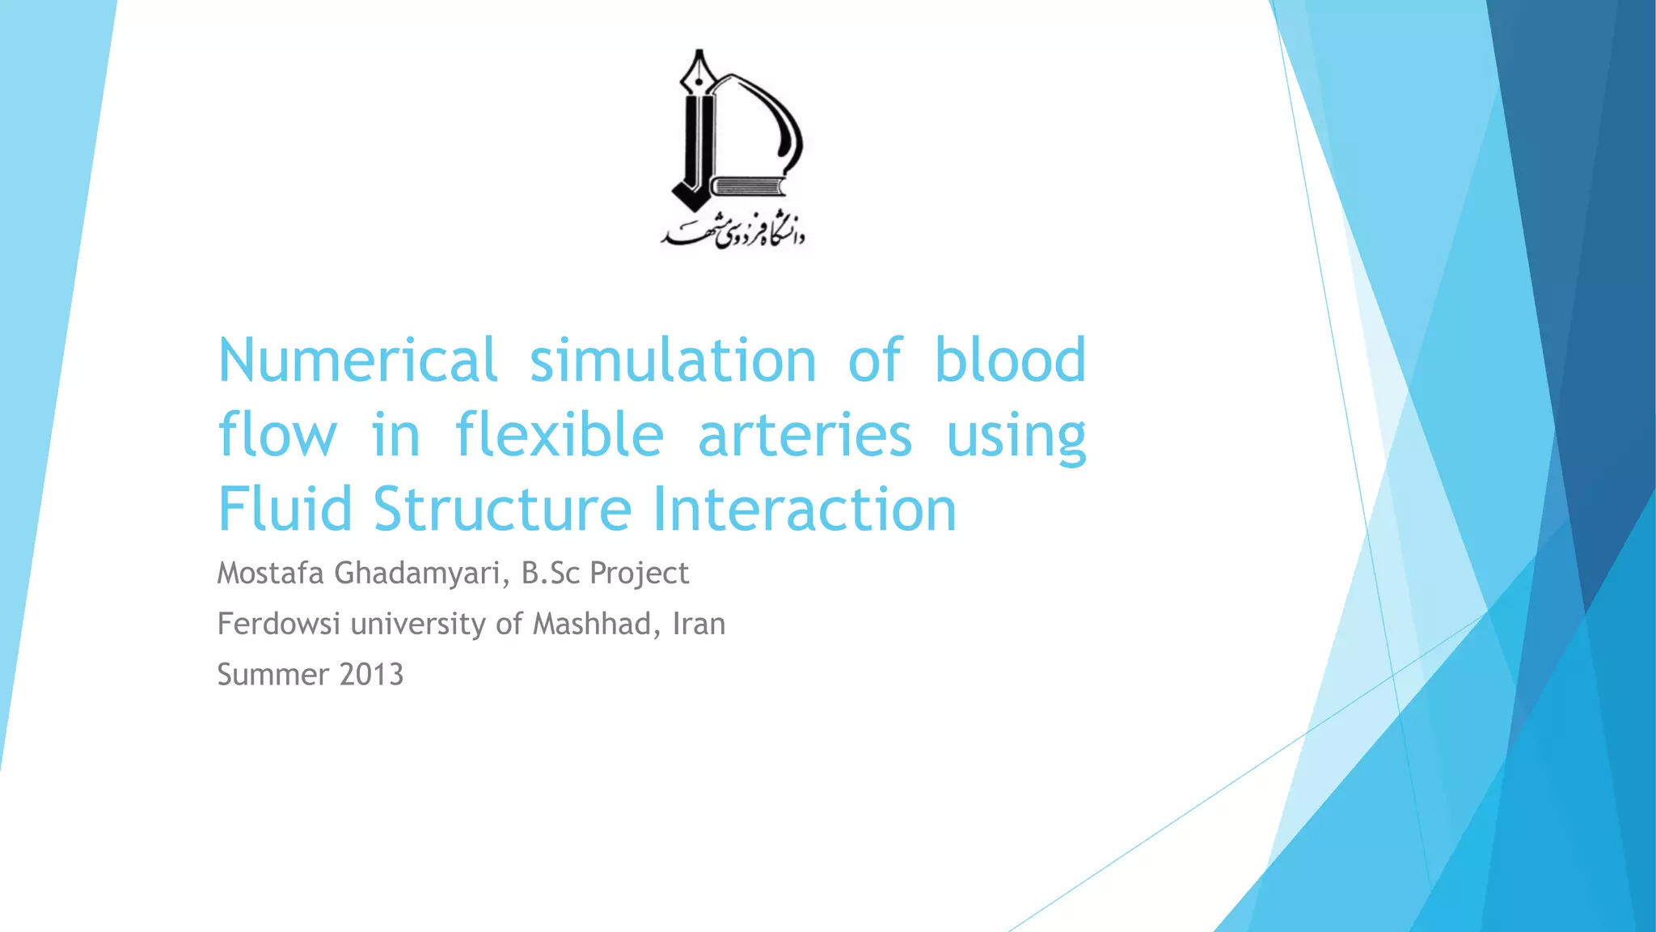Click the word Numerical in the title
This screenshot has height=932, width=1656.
coord(357,360)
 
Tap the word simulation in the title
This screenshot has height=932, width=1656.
coord(673,360)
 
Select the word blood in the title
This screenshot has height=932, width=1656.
coord(1010,360)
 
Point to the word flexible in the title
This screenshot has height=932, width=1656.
coord(560,435)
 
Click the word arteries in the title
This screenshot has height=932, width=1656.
coord(805,435)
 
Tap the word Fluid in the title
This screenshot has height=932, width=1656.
coord(285,510)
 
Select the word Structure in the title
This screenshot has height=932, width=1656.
coord(502,510)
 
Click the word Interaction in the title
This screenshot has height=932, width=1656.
coord(805,510)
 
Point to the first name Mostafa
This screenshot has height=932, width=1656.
coord(270,573)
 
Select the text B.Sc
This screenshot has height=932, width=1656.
coord(551,573)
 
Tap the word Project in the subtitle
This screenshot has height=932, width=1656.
coord(639,574)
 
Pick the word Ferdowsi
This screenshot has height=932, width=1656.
coord(278,624)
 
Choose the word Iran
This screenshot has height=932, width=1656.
coord(699,624)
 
